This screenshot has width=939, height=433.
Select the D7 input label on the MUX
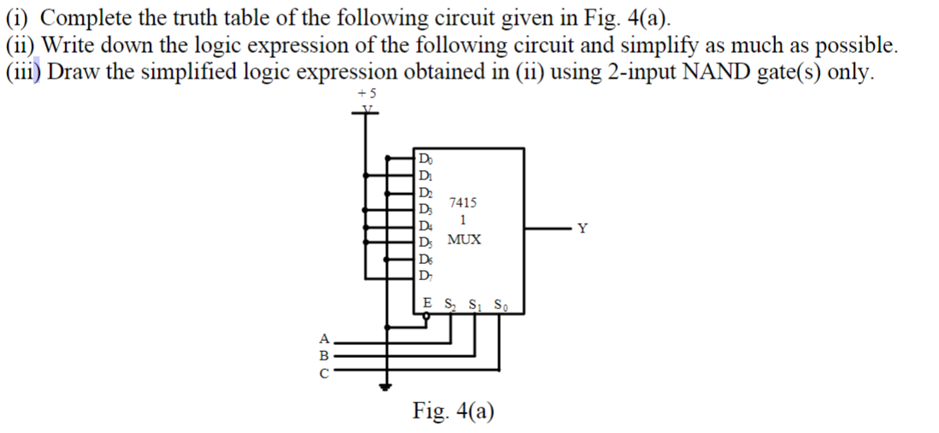tap(425, 274)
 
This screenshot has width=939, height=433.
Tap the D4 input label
tap(425, 225)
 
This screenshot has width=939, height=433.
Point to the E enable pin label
tap(427, 303)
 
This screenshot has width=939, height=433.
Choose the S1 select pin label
tap(478, 304)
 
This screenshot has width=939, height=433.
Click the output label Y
tap(583, 228)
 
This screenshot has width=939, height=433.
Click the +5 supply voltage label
tap(367, 93)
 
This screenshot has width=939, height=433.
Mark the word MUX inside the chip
tap(464, 240)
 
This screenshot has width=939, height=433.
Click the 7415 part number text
tap(463, 203)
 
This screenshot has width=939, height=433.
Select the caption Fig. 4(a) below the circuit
tap(453, 411)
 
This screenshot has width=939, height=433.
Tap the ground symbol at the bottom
tap(389, 386)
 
